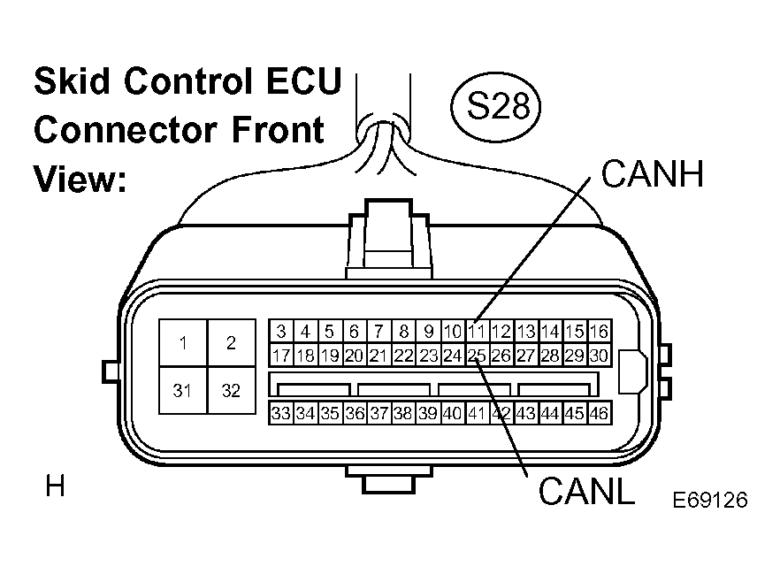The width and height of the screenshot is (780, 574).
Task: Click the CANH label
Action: [x=652, y=174]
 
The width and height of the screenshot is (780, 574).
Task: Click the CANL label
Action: [x=586, y=492]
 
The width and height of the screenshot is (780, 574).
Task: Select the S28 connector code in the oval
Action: [x=499, y=106]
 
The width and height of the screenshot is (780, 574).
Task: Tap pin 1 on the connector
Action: [x=183, y=343]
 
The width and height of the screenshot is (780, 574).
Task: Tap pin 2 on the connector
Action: [x=232, y=343]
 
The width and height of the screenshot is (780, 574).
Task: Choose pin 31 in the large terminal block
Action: [x=183, y=391]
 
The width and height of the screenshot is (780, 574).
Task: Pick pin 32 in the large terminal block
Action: [x=232, y=391]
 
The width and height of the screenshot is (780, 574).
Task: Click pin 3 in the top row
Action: [x=281, y=332]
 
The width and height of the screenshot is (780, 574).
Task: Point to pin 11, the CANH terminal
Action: [x=477, y=332]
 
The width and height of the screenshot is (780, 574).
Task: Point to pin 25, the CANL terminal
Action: [x=477, y=356]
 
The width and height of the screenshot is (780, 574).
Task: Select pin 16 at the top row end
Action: [x=600, y=332]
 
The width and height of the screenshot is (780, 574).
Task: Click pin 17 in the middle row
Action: [x=281, y=356]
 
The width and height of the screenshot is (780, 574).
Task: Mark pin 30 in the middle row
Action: [x=600, y=356]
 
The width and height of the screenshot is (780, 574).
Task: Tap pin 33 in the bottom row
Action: [x=281, y=413]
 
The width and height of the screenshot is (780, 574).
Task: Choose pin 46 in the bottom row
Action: [x=600, y=413]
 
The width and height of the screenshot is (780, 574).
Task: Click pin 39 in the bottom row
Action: [x=428, y=413]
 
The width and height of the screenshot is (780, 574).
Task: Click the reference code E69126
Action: [x=710, y=500]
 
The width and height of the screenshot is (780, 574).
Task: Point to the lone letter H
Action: [x=55, y=486]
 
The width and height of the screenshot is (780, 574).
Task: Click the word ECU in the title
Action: [x=304, y=80]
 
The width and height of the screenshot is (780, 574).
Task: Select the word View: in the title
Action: [x=80, y=178]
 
